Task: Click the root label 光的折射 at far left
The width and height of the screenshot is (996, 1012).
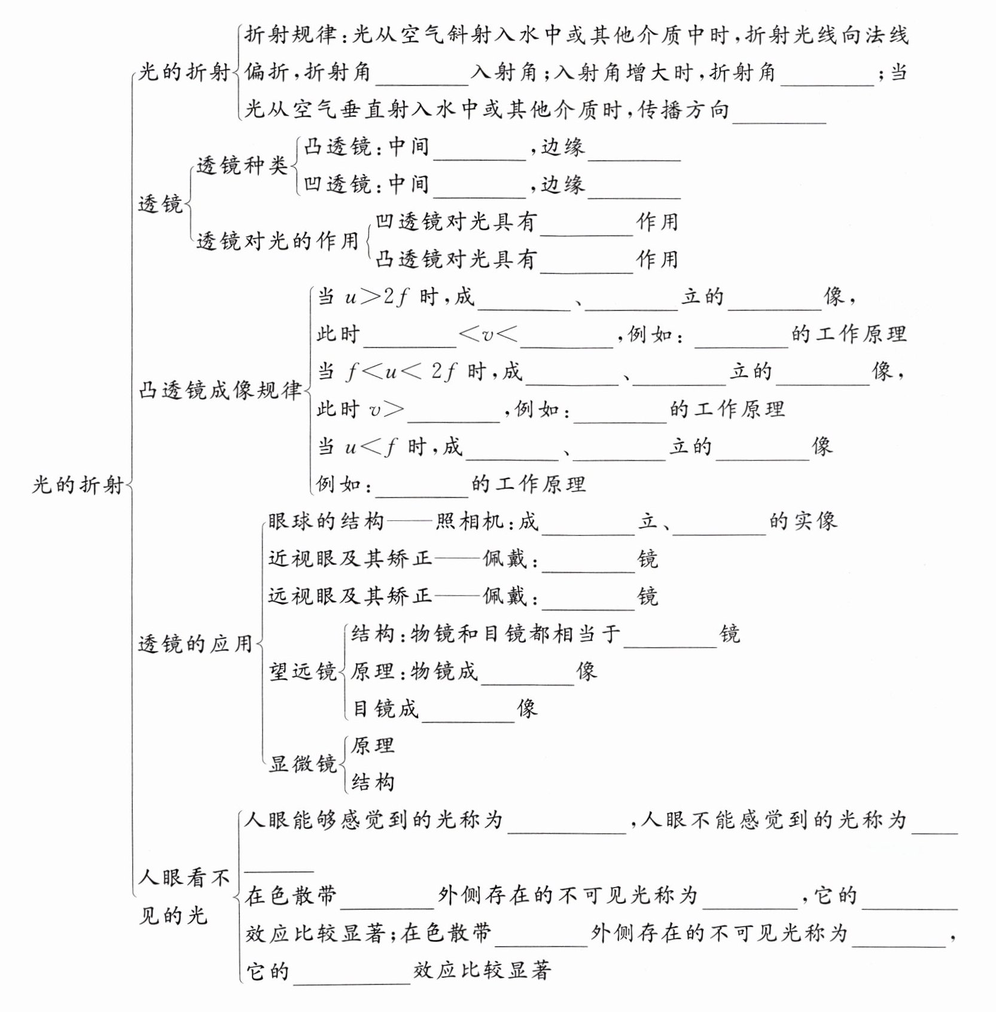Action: (78, 484)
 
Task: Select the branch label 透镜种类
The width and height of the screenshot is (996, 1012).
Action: (242, 166)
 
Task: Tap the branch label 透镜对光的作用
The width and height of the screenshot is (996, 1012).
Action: (277, 241)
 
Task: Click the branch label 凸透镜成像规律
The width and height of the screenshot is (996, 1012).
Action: (220, 391)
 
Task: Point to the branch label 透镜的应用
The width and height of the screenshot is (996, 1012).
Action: (196, 644)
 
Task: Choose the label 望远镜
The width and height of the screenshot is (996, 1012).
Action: (303, 672)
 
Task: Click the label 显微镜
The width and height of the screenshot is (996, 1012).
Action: (303, 764)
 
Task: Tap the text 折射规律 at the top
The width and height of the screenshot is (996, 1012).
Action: (290, 35)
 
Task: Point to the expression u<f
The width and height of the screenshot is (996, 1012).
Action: (371, 447)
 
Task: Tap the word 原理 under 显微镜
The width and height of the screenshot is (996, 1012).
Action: (373, 745)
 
